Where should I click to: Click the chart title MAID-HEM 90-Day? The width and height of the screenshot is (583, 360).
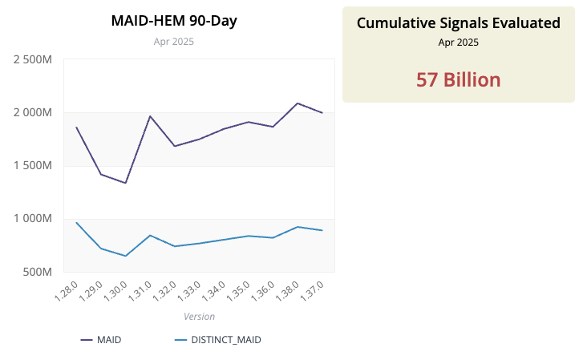coord(173,21)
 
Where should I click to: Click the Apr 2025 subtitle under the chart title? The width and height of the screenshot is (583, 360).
coord(173,42)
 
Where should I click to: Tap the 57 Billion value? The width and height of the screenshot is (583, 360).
coord(458,79)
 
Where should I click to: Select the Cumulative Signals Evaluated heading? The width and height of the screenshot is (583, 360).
coord(458,23)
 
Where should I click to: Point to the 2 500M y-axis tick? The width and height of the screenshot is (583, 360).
coord(33,59)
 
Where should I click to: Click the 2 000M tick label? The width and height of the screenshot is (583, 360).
coord(33,112)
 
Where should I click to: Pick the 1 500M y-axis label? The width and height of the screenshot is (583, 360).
coord(33,165)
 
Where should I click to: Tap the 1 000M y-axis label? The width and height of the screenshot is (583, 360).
coord(33,218)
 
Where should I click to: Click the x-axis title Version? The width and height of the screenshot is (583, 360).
coord(199,316)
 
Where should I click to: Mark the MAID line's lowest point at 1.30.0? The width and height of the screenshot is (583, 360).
coord(126,183)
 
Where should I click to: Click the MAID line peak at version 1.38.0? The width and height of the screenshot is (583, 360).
coord(298,103)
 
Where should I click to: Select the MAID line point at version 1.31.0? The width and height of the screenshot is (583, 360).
coord(150,116)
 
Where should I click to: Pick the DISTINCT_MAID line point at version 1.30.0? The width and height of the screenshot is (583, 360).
coord(126,256)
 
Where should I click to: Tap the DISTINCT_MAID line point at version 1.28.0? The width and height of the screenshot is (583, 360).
coord(76,223)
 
